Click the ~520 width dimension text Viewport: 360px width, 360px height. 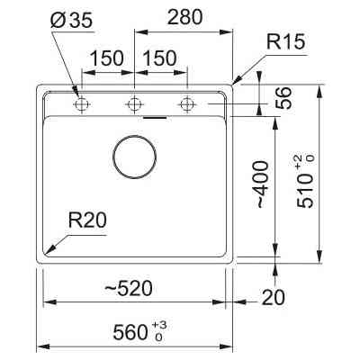(127, 288)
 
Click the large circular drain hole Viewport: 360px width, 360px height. (135, 154)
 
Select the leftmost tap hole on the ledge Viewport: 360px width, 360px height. (82, 104)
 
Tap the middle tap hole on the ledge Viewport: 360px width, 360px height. (135, 104)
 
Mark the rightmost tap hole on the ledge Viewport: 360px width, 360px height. (187, 104)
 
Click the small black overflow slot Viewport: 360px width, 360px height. (155, 117)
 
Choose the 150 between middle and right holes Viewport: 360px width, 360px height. (160, 57)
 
